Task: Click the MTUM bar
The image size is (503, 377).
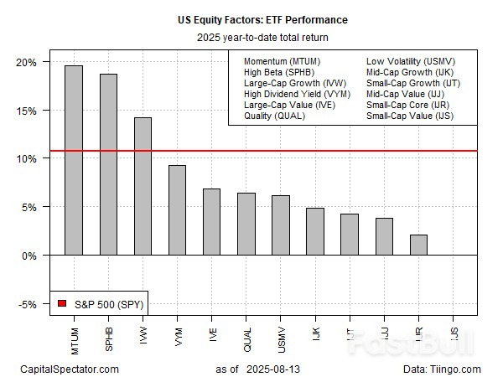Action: click(74, 160)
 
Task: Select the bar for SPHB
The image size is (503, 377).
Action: click(108, 164)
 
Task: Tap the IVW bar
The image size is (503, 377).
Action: click(143, 186)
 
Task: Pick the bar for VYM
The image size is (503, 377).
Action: click(177, 209)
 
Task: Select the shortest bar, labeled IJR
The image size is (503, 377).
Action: click(418, 245)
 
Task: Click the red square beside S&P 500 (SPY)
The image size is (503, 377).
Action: click(61, 302)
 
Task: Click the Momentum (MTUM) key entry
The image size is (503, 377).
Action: click(282, 62)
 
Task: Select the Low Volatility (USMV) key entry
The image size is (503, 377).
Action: click(408, 62)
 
